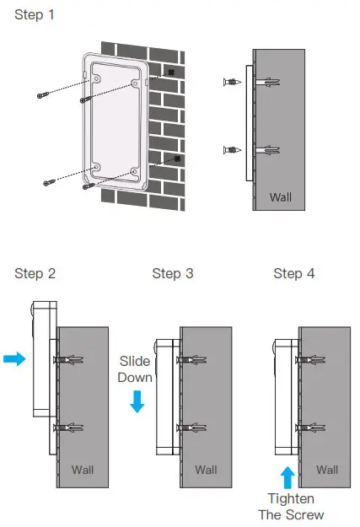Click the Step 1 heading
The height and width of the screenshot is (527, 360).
pyautogui.click(x=35, y=15)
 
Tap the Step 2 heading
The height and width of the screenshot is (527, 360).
pyautogui.click(x=35, y=273)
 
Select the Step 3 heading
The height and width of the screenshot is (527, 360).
pyautogui.click(x=173, y=273)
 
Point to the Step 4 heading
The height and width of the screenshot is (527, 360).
pyautogui.click(x=294, y=273)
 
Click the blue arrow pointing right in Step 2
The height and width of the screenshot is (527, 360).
pyautogui.click(x=14, y=358)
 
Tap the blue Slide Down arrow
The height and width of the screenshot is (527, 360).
pyautogui.click(x=137, y=401)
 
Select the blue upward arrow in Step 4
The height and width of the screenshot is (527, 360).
pyautogui.click(x=287, y=477)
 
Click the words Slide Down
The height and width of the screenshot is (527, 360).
pyautogui.click(x=135, y=369)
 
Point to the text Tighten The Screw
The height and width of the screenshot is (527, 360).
pyautogui.click(x=291, y=507)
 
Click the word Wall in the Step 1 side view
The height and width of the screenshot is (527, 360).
pyautogui.click(x=281, y=197)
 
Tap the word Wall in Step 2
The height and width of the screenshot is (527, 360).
pyautogui.click(x=83, y=470)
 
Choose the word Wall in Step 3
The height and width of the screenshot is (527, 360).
pyautogui.click(x=206, y=470)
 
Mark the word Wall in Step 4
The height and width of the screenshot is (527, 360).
pyautogui.click(x=327, y=470)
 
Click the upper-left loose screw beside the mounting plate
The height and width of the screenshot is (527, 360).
pyautogui.click(x=43, y=94)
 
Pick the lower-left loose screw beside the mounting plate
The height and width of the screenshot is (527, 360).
pyautogui.click(x=49, y=182)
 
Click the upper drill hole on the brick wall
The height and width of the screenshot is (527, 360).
pyautogui.click(x=171, y=72)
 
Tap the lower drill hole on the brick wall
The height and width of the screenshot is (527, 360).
pyautogui.click(x=178, y=159)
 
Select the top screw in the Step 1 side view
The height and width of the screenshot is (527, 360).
pyautogui.click(x=232, y=82)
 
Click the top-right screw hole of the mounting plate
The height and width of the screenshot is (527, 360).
pyautogui.click(x=135, y=83)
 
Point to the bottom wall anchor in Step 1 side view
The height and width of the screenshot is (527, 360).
pyautogui.click(x=268, y=150)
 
